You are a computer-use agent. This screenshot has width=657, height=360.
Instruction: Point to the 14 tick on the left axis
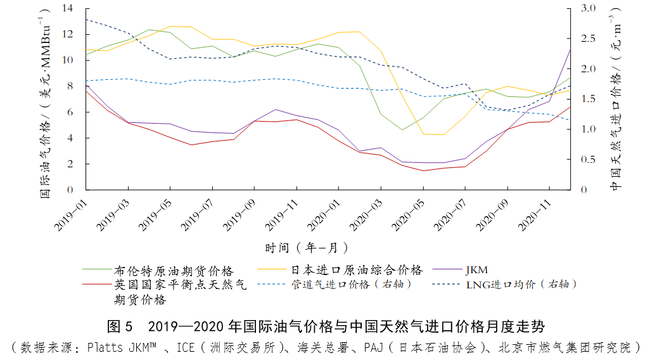click(68, 8)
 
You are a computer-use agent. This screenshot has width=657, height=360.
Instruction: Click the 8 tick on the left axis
click(70, 86)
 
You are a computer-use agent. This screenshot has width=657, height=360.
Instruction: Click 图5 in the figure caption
click(120, 327)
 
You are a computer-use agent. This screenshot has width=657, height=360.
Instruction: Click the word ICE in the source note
click(186, 347)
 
